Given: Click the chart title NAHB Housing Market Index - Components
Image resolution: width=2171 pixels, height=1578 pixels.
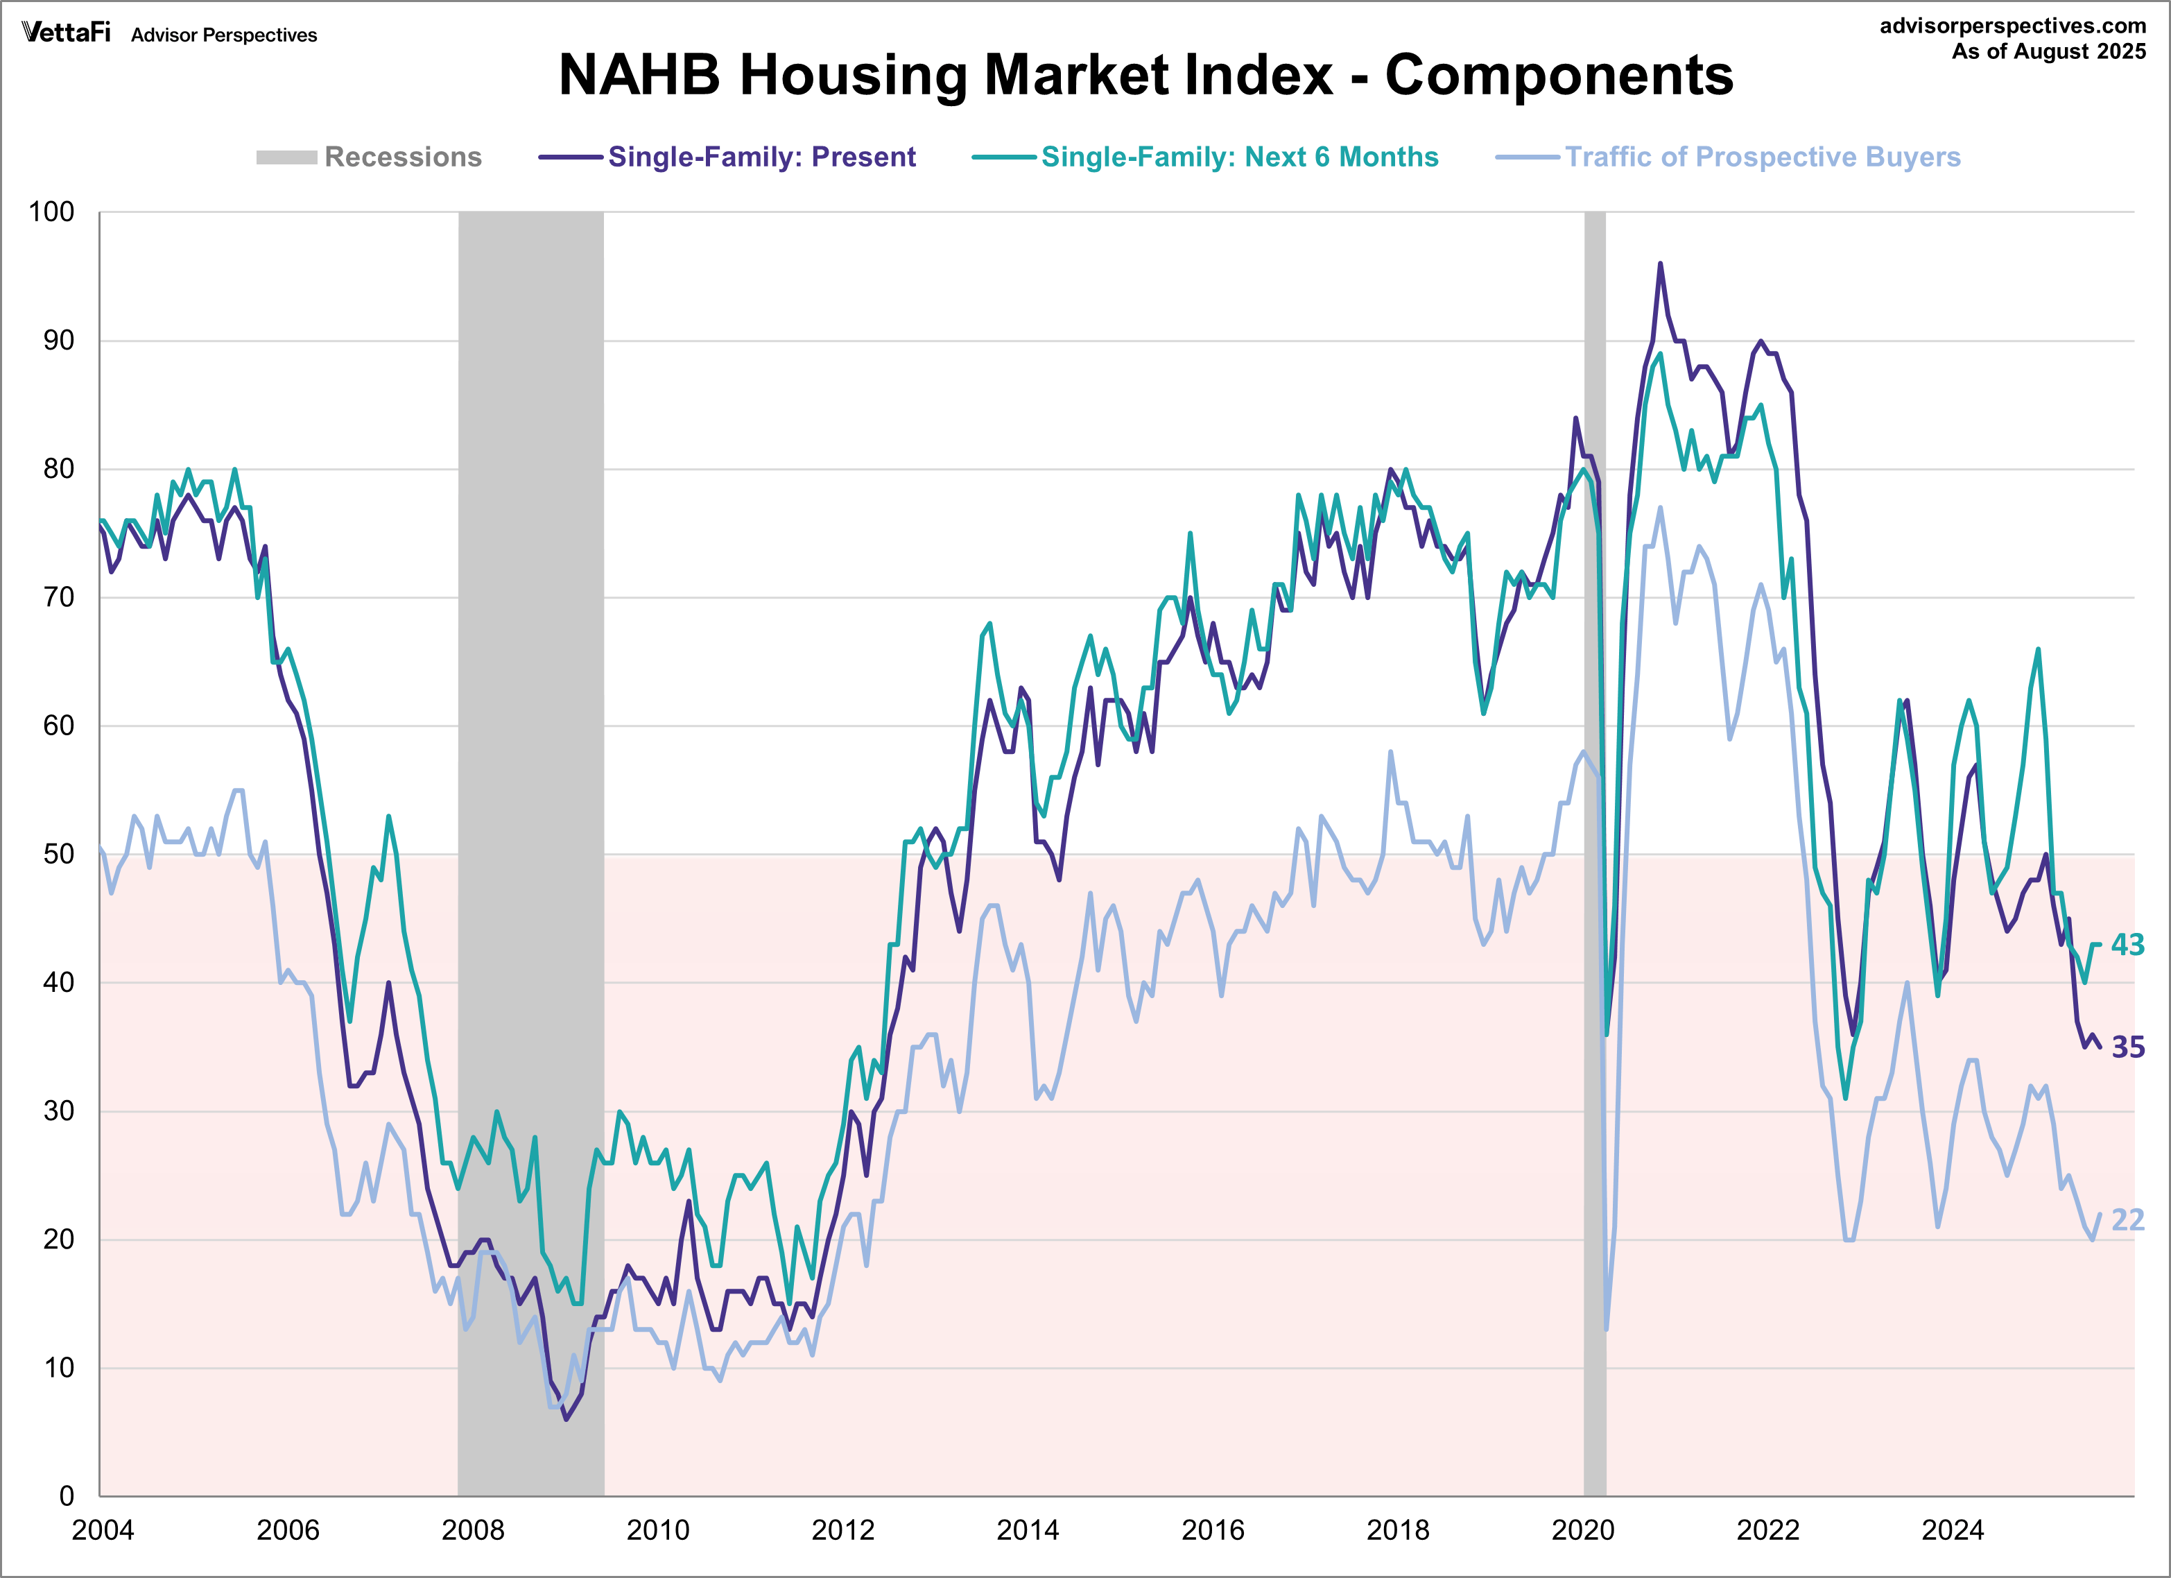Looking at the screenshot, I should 1145,75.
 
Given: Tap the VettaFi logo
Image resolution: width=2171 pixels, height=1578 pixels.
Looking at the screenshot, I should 66,33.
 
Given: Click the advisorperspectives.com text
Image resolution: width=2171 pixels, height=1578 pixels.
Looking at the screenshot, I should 2012,26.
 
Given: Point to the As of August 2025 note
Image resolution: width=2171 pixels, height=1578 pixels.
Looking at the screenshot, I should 2048,52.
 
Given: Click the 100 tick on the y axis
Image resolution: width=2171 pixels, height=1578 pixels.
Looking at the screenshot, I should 52,212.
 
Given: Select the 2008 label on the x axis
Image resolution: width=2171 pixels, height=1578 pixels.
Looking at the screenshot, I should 473,1530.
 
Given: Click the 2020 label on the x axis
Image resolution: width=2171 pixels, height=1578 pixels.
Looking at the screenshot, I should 1582,1530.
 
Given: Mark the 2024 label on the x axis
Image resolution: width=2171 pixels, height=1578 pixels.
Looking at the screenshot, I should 1953,1530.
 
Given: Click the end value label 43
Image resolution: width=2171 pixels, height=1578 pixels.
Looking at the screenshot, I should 2128,945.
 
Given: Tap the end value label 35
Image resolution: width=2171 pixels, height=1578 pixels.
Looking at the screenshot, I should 2128,1047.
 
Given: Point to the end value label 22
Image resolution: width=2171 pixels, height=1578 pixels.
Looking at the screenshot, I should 2128,1220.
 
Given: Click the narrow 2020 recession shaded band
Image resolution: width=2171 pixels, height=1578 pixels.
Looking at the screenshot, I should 1595,861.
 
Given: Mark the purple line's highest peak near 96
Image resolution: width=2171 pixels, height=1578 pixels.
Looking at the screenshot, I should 1660,264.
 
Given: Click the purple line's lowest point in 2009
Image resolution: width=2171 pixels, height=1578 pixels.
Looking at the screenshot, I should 566,1419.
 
